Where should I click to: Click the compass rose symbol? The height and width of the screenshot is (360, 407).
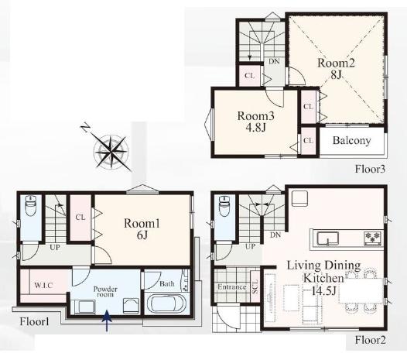[x=111, y=151]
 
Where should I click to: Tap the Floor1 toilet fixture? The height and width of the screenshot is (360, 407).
[x=31, y=206]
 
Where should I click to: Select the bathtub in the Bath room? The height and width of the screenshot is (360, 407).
[x=166, y=303]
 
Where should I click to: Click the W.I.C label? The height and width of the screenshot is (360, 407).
[x=43, y=286]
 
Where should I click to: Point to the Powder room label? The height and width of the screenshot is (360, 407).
[x=105, y=292]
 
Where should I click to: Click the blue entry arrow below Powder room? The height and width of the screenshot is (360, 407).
[x=107, y=321]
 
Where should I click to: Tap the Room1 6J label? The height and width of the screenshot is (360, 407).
[x=142, y=229]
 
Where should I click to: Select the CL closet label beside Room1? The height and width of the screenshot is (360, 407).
[x=80, y=217]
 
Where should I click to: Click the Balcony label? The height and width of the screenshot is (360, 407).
[x=351, y=141]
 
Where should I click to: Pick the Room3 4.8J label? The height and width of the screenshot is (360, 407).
[x=255, y=122]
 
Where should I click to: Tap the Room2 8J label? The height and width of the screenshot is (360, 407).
[x=336, y=69]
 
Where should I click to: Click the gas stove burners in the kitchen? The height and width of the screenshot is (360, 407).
[x=373, y=238]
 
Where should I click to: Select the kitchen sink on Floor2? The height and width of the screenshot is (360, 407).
[x=327, y=238]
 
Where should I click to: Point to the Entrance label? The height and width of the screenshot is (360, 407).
[x=232, y=287]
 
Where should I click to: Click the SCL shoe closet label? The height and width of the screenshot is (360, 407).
[x=255, y=286]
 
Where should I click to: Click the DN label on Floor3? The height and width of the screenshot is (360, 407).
[x=274, y=62]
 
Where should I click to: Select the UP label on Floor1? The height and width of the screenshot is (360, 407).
[x=55, y=247]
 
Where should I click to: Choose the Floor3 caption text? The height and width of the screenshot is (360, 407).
[x=370, y=169]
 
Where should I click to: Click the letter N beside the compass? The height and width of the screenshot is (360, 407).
[x=85, y=129]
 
